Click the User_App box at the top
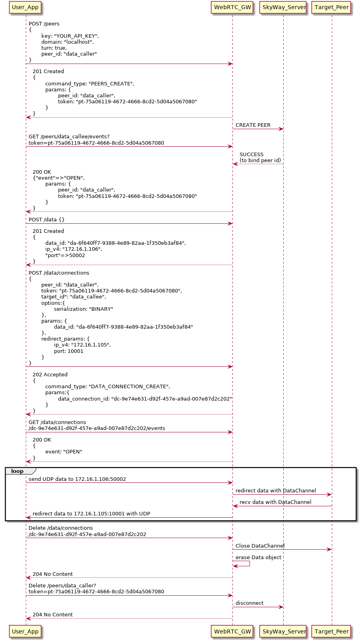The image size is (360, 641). [25, 7]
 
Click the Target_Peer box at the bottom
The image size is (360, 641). [331, 631]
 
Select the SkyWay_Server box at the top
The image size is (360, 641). [284, 7]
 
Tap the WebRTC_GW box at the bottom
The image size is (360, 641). [232, 631]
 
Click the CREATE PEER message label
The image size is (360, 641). [253, 125]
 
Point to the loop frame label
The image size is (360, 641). [17, 471]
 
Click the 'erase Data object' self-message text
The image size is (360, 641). [258, 558]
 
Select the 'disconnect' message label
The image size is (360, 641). [249, 603]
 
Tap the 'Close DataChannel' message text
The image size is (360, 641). [260, 546]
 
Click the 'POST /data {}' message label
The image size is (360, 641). [46, 220]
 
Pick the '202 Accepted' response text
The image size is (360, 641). [50, 375]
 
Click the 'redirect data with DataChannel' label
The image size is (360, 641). [276, 491]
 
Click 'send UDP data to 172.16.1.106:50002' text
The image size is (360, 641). [77, 479]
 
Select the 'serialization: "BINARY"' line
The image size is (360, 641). [83, 309]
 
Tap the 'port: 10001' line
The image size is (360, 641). [69, 351]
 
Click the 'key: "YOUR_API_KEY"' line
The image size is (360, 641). [70, 36]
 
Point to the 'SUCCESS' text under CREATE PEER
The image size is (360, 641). [251, 155]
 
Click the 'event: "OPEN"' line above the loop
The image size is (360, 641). [64, 452]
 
